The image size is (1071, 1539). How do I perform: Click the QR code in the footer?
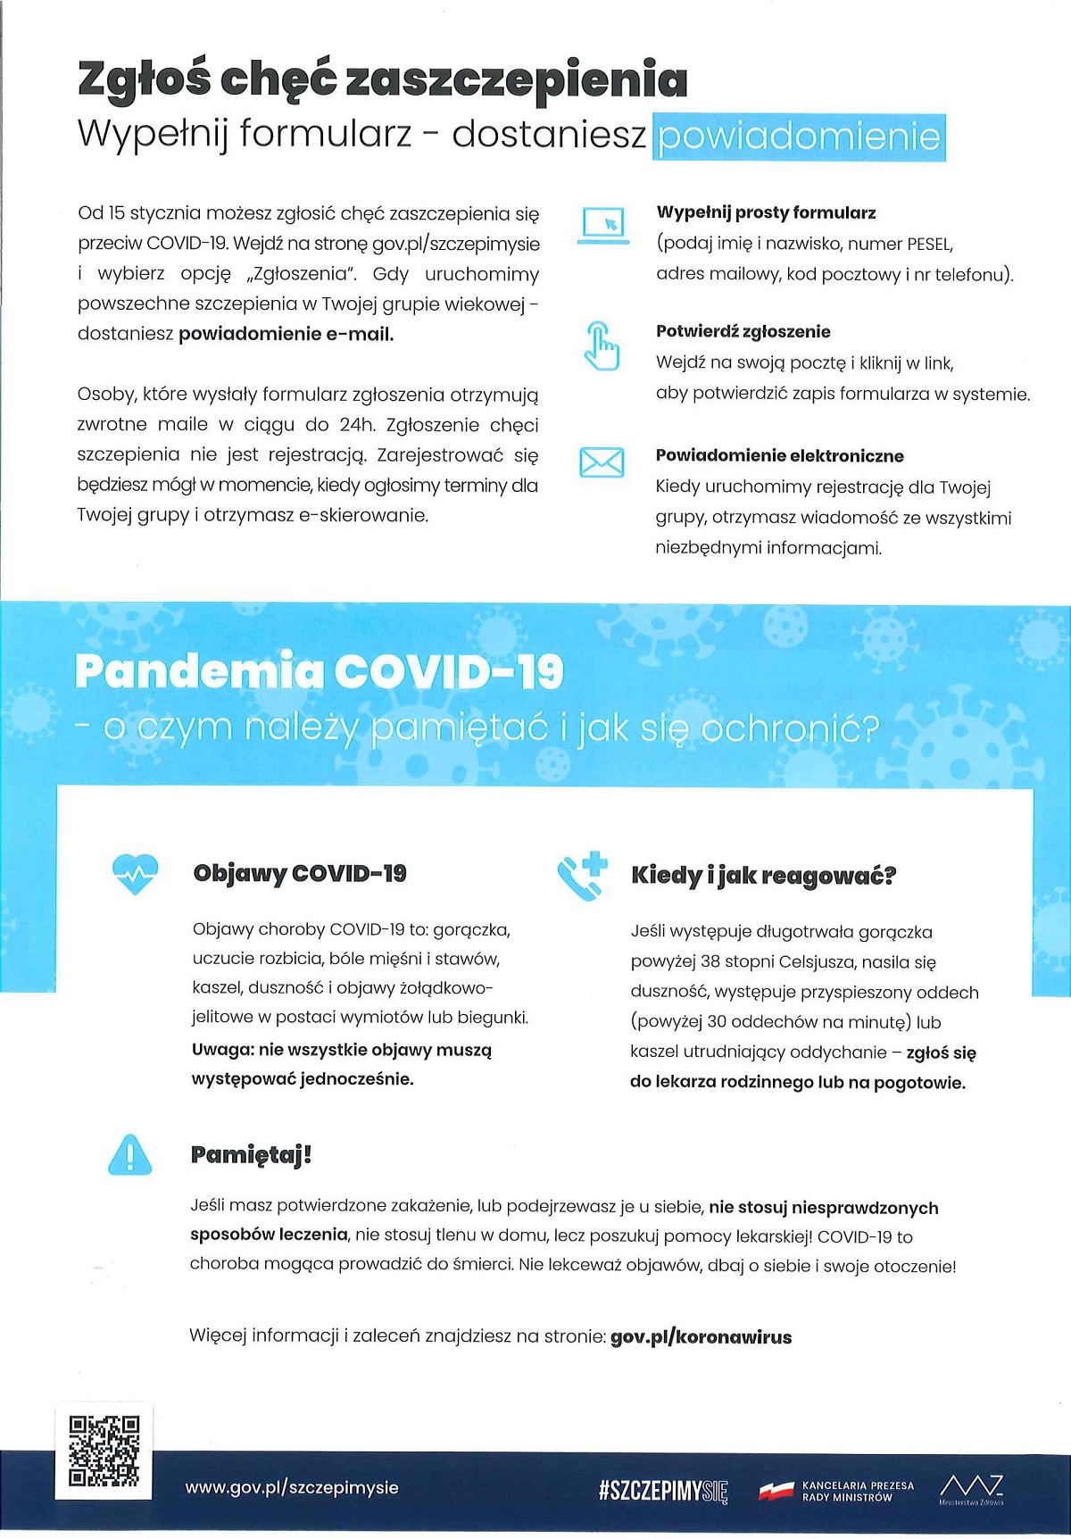(104, 1451)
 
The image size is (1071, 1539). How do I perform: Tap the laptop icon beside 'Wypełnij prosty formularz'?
(603, 225)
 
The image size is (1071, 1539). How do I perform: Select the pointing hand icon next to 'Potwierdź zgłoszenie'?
(602, 345)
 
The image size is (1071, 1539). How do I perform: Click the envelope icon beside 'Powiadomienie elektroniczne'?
(602, 462)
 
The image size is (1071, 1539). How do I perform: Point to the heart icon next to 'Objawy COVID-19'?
(135, 874)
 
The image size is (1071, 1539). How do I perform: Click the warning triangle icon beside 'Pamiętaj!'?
(129, 1153)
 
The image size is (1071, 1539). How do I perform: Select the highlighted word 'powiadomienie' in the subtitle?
(799, 137)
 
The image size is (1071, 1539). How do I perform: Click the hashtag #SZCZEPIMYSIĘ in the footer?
(664, 1490)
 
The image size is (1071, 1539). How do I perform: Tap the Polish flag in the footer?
(776, 1490)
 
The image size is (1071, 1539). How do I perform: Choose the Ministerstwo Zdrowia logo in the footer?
(971, 1488)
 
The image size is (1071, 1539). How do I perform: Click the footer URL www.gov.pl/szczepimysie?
(292, 1487)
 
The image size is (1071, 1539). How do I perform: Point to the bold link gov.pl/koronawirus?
(701, 1336)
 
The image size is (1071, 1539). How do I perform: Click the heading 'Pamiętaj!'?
(251, 1154)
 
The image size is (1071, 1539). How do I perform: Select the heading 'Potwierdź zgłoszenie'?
(743, 331)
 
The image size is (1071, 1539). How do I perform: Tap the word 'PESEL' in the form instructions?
(929, 244)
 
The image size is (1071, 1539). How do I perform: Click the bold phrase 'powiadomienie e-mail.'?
(286, 334)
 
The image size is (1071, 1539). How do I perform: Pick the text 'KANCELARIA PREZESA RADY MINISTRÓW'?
(858, 1491)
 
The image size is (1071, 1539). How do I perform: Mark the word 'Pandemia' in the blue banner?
(198, 671)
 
